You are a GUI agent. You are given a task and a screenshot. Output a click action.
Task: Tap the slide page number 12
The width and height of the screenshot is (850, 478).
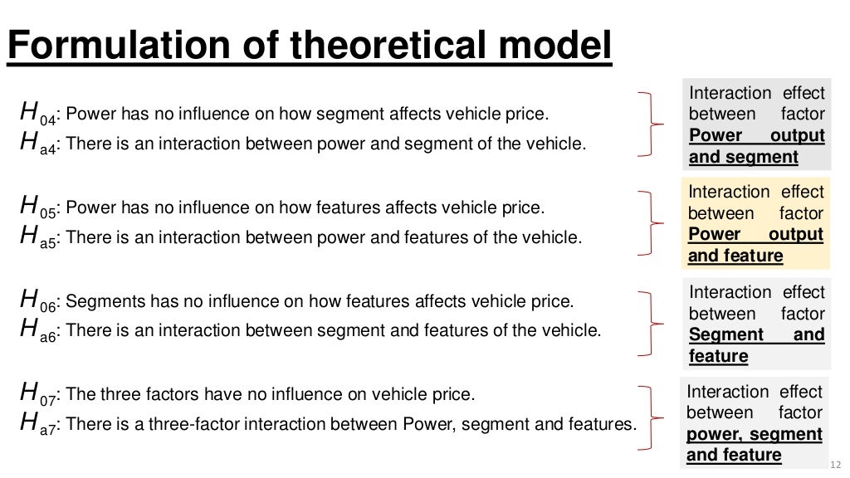point(835,465)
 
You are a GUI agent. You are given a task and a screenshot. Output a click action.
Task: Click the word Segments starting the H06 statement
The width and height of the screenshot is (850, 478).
point(98,300)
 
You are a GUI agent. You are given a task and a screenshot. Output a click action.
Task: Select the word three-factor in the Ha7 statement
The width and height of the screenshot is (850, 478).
point(184,424)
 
